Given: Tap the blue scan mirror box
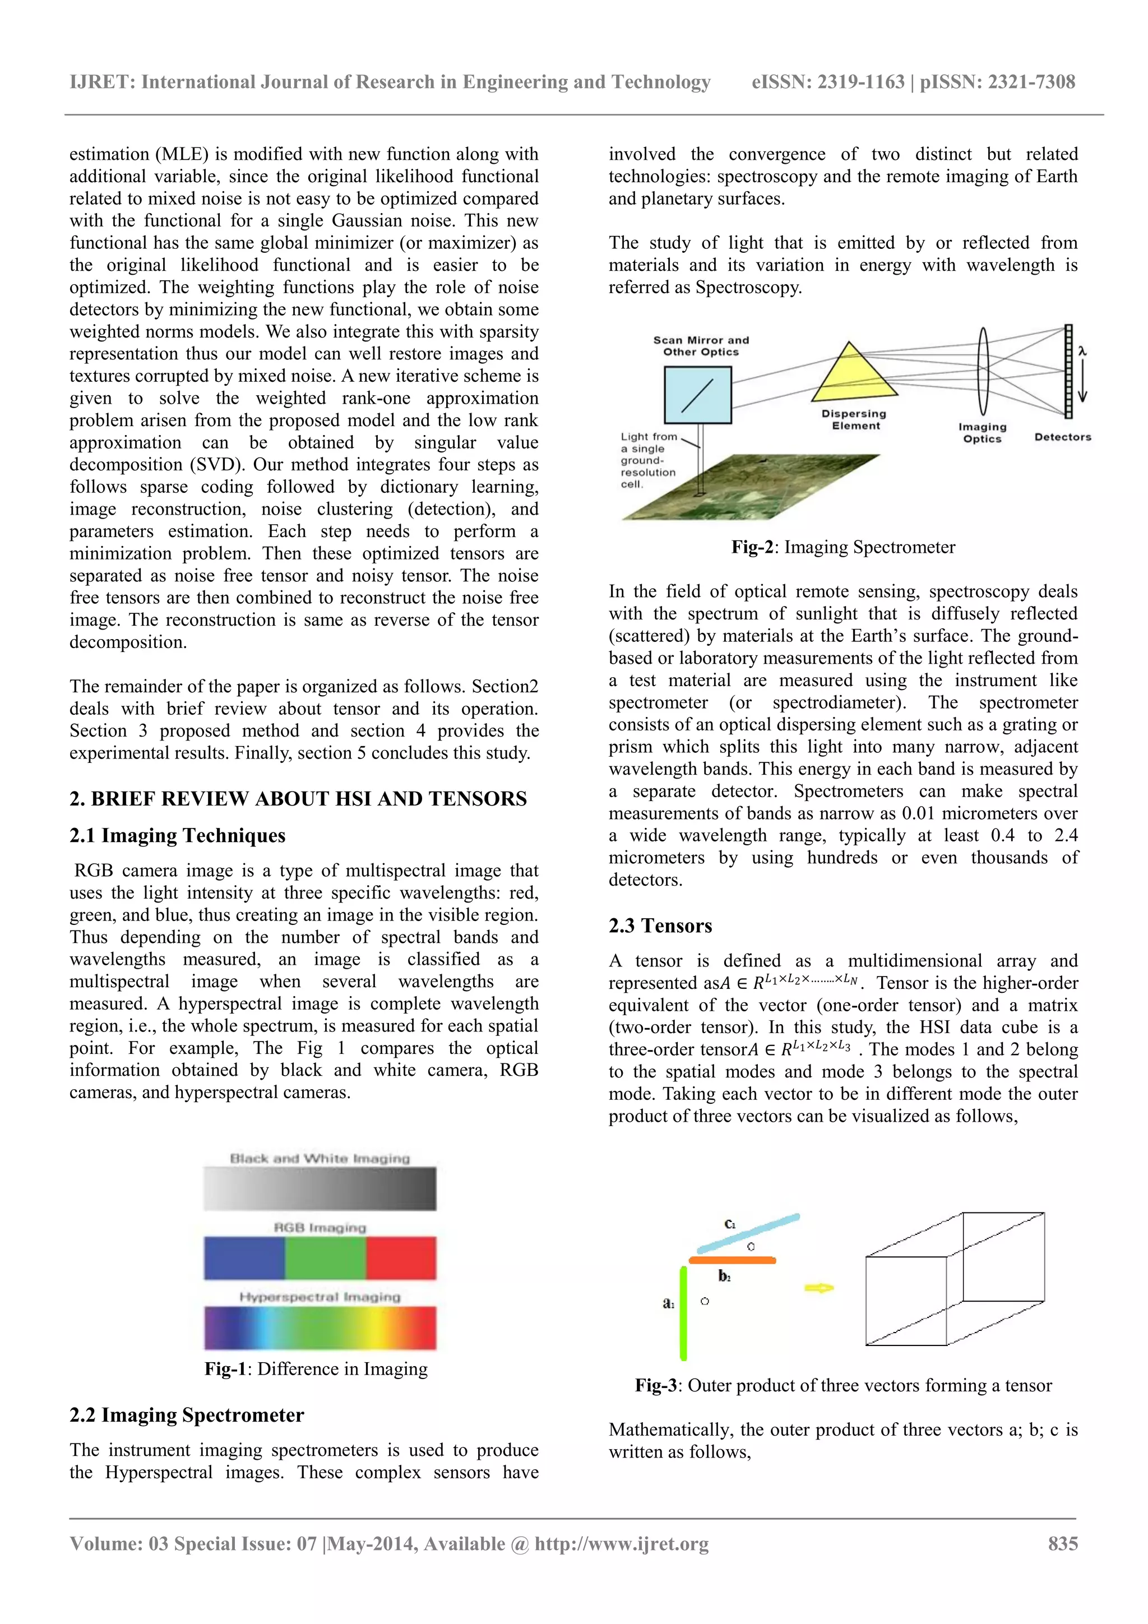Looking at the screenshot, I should [697, 395].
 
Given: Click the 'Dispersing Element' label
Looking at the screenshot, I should [854, 419].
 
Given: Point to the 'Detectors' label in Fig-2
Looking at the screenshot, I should [1062, 437].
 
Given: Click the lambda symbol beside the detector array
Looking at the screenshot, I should [1082, 351].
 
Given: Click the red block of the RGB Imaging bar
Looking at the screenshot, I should [401, 1257].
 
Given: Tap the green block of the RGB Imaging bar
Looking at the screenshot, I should [325, 1257].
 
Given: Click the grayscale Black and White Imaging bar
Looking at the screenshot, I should [320, 1188].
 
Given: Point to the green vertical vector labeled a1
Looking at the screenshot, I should [683, 1313].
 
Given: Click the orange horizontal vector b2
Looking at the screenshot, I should [732, 1260].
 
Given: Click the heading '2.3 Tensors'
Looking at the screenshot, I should [660, 926].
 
